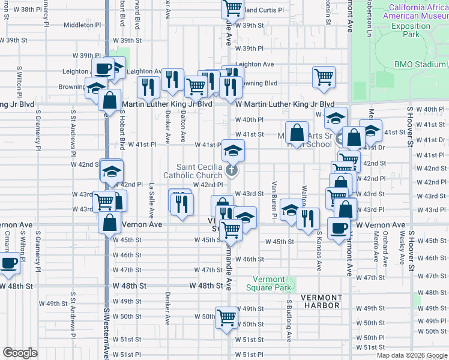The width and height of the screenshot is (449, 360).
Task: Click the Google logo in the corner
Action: pos(20,352)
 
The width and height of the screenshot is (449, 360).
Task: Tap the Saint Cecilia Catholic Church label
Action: pos(200,171)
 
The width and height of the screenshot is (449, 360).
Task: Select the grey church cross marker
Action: pos(232,171)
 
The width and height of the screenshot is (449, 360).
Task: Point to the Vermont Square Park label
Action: pos(268,283)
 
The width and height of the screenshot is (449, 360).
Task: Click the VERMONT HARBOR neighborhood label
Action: pos(321,301)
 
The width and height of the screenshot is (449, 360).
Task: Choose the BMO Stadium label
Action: pos(420,64)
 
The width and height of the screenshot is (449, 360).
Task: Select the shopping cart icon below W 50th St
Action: pos(227,319)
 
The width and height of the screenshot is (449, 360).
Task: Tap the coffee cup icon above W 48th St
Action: pos(10,263)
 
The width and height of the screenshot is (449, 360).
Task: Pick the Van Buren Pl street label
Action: pos(274,199)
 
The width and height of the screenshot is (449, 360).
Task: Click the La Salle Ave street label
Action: pos(152,200)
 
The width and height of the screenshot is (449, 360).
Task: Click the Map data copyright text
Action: pos(411,355)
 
